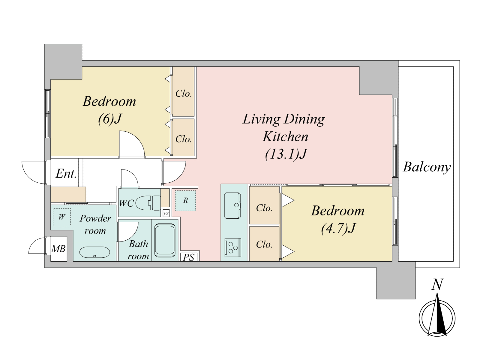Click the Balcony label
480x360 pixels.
point(427,167)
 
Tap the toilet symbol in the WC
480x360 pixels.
point(148,203)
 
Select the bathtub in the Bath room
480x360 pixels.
point(165,240)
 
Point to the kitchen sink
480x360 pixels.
point(232,205)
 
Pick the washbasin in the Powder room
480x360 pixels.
point(94,253)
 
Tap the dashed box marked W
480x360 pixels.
point(62,217)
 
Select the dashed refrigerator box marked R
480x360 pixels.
point(185,201)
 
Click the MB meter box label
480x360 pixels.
point(58,249)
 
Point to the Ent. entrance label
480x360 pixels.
point(66,174)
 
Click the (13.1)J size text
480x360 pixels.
point(286,154)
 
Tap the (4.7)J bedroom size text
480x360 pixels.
point(337,228)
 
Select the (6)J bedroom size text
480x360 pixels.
point(109,119)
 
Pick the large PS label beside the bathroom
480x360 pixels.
point(188,257)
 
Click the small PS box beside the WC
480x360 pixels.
point(166,213)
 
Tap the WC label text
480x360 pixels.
point(126,203)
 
